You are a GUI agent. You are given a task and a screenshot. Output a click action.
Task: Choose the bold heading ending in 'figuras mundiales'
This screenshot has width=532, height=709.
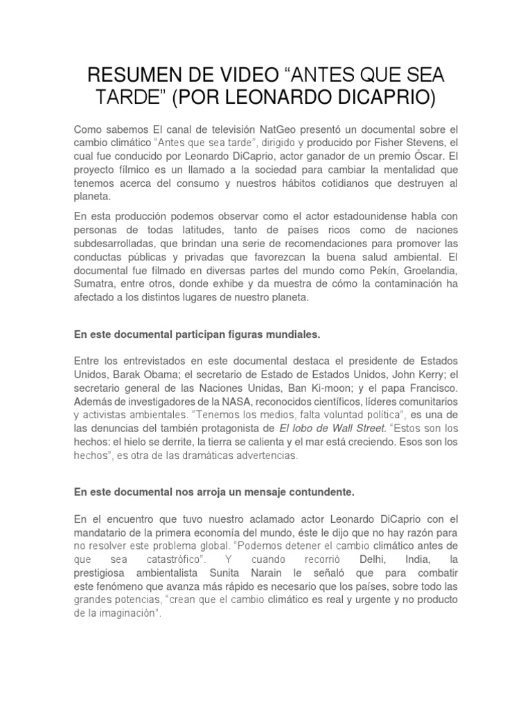[197, 335]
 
